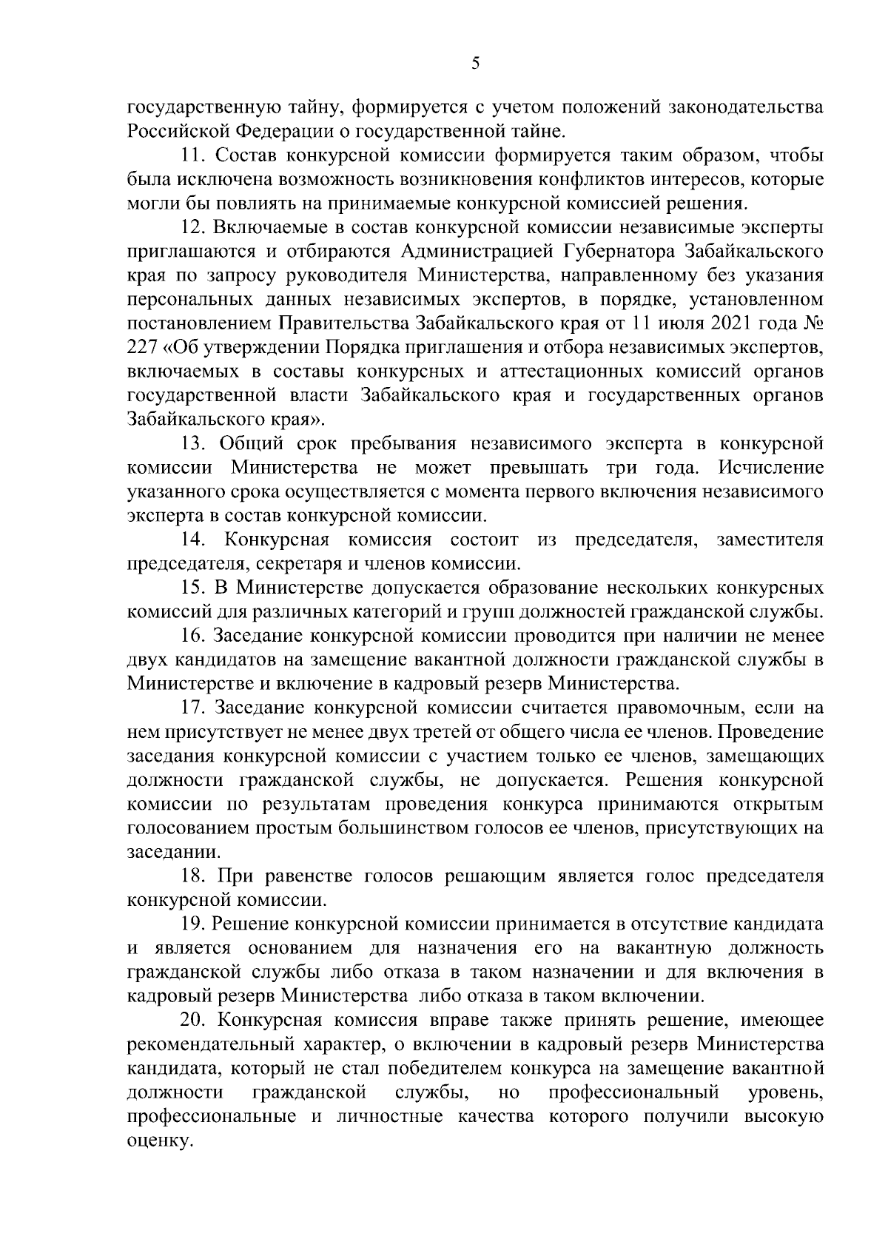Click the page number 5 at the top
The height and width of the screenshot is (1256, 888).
pyautogui.click(x=475, y=64)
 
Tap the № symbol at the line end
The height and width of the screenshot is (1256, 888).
pyautogui.click(x=813, y=323)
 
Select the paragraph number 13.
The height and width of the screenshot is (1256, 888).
pyautogui.click(x=194, y=443)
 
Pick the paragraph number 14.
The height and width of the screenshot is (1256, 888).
pyautogui.click(x=194, y=539)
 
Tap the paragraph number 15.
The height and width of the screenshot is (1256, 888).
pyautogui.click(x=194, y=587)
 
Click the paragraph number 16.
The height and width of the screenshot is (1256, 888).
pyautogui.click(x=194, y=635)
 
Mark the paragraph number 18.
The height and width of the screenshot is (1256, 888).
pyautogui.click(x=194, y=876)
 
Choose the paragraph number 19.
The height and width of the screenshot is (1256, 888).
pyautogui.click(x=194, y=924)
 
